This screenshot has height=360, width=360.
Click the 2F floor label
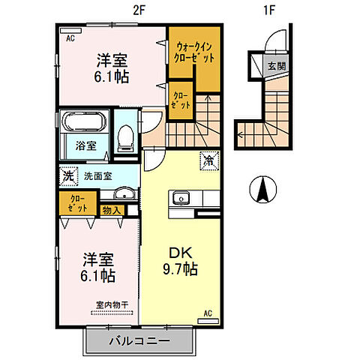139,10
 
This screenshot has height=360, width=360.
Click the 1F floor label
269,10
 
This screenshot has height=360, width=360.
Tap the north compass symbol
263,189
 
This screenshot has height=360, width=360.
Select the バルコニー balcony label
139,340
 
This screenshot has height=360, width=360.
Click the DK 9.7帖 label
181,261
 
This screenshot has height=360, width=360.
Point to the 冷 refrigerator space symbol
209,161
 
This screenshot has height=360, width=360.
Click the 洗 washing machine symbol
68,176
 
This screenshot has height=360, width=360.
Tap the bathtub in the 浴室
84,121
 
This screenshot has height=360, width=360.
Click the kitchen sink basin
181,198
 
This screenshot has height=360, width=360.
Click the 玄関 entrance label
277,66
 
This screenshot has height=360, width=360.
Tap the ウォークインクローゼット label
194,52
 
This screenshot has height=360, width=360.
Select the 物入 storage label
112,211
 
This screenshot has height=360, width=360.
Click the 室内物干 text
112,304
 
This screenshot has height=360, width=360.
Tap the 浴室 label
85,145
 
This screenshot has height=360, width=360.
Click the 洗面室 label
97,176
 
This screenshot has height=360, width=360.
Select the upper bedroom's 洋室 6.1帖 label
112,68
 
